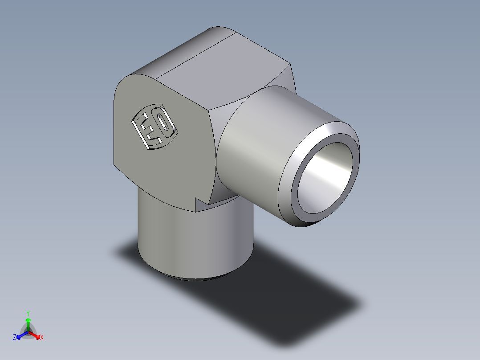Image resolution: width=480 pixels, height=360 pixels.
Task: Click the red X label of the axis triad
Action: point(42,338)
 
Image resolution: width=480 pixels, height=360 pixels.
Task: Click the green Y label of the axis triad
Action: point(28,313)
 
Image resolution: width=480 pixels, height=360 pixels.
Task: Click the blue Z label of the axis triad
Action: point(15,338)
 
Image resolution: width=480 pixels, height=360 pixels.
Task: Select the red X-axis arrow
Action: point(35,335)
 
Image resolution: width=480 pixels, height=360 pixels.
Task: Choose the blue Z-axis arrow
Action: point(21,335)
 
